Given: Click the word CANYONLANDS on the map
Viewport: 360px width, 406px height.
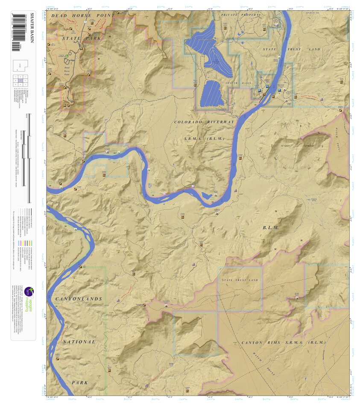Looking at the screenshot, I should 79,299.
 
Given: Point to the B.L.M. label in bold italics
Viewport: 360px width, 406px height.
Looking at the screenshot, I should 271,228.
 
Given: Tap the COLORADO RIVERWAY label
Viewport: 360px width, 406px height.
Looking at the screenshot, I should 204,122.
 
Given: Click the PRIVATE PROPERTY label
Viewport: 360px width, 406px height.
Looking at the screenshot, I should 240,15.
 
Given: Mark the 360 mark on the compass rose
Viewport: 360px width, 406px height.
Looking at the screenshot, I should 297,121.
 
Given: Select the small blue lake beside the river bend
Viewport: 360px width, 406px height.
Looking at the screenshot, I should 207,196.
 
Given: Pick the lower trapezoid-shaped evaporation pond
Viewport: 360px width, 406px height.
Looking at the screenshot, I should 212,94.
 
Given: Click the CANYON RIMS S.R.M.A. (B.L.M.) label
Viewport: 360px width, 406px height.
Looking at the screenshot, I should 284,342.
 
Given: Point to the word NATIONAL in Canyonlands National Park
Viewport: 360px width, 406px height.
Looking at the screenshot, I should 79,342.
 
